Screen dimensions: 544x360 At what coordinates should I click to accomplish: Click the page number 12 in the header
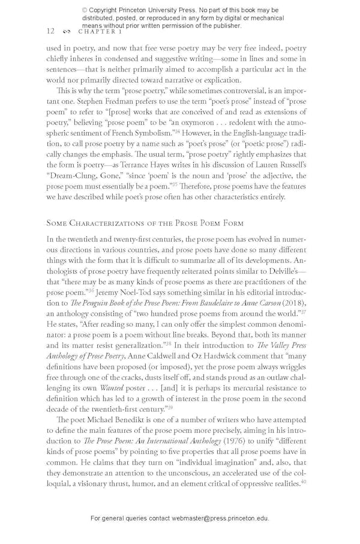tap(50, 31)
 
